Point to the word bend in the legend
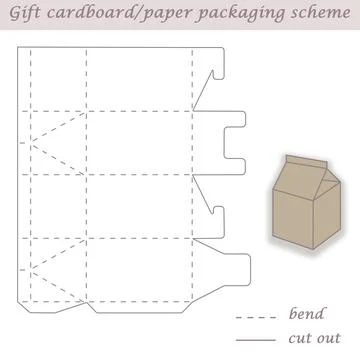(x=306, y=315)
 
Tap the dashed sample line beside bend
(x=253, y=317)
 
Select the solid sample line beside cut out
(x=253, y=340)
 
